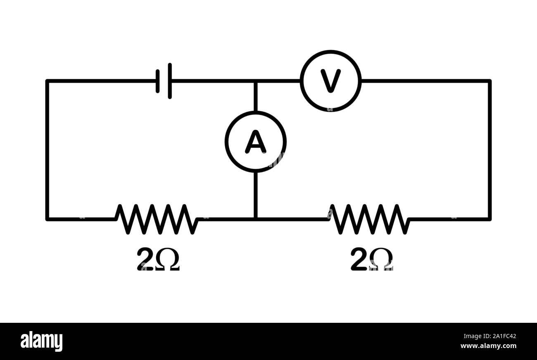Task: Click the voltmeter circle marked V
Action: pos(330,81)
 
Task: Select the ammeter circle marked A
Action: pos(256,142)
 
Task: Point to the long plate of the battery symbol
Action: pos(170,81)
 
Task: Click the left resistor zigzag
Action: pos(157,219)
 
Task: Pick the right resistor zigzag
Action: pos(370,219)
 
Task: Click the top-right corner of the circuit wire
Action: pos(489,81)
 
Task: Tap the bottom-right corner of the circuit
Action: pos(489,219)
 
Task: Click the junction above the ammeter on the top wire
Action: pos(256,81)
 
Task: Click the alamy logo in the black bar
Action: pos(41,341)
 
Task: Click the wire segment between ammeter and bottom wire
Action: pos(256,194)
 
